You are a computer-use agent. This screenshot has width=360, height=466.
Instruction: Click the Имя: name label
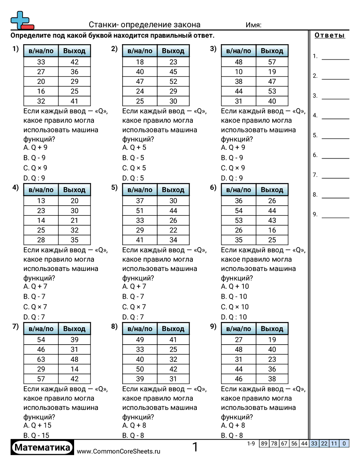click(253, 25)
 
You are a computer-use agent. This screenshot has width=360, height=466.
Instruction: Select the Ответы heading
click(330, 36)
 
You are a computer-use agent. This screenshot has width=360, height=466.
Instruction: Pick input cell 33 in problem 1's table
click(41, 62)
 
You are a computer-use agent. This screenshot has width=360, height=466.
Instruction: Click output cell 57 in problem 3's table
click(272, 62)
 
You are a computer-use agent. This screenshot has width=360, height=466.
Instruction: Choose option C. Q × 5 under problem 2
click(134, 168)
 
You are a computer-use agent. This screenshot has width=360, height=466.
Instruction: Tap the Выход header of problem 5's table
click(173, 190)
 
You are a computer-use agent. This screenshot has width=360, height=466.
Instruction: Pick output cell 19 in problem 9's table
click(272, 340)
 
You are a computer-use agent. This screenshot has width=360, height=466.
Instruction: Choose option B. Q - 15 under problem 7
click(37, 435)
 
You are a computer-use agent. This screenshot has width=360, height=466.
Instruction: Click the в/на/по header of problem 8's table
click(140, 329)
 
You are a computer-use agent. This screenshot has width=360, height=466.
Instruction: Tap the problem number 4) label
click(15, 188)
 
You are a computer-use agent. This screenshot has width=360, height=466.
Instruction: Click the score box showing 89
click(264, 443)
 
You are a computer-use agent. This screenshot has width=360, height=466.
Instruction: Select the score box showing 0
click(344, 443)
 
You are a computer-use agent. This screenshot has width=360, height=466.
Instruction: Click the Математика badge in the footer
click(42, 448)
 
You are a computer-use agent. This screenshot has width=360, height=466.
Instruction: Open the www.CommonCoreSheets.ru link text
click(119, 451)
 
